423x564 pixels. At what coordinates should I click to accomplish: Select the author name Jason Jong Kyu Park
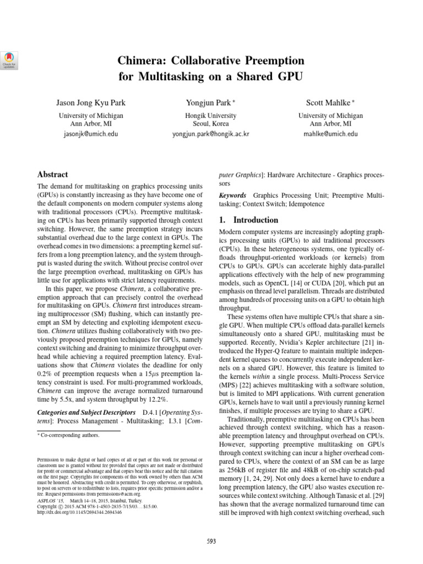click(x=91, y=102)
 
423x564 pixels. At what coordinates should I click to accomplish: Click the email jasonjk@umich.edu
click(x=91, y=133)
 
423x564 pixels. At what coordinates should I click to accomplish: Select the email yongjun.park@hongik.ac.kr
click(x=211, y=133)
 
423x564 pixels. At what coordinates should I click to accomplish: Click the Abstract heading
click(x=52, y=174)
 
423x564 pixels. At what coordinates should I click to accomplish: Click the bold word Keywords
click(x=233, y=196)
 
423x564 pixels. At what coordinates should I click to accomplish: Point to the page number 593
click(x=211, y=540)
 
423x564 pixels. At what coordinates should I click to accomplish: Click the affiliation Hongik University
click(x=211, y=116)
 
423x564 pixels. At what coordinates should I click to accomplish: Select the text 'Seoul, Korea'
click(x=211, y=124)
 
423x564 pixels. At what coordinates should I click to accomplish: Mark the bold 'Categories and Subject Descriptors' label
click(x=86, y=412)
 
